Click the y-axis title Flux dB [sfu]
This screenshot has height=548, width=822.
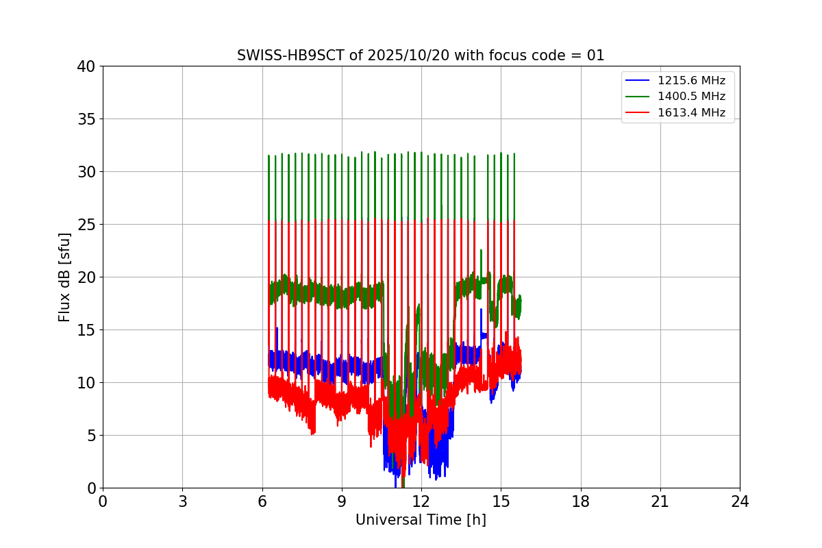[64, 277]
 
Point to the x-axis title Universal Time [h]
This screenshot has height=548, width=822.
[421, 520]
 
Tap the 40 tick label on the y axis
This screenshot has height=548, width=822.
[86, 66]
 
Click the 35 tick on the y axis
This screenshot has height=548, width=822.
[86, 119]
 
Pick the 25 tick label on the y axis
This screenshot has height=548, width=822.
[86, 225]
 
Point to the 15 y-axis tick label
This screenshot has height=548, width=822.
[86, 330]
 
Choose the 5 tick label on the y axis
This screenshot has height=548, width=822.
[90, 436]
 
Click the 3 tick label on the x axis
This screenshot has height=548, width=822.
[182, 501]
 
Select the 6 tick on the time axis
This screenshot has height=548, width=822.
[262, 501]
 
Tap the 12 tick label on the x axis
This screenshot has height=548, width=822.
[421, 501]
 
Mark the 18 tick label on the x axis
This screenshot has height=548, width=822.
[581, 501]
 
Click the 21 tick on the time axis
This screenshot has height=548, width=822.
[660, 501]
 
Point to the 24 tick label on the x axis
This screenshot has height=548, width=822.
[740, 501]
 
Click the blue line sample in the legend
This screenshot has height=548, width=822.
[638, 81]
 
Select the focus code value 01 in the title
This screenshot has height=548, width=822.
[595, 55]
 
